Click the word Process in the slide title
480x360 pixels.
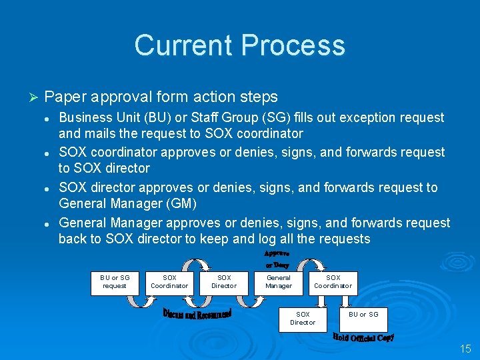293,45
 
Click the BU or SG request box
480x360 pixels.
115,282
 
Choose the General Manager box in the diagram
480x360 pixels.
279,282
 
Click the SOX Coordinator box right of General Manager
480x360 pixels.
333,282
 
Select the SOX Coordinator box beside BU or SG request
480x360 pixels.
169,282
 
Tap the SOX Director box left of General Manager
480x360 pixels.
224,282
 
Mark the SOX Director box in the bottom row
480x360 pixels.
303,318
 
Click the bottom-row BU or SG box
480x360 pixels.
363,315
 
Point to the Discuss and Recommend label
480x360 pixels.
197,313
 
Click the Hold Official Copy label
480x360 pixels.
363,337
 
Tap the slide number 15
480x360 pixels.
465,349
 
